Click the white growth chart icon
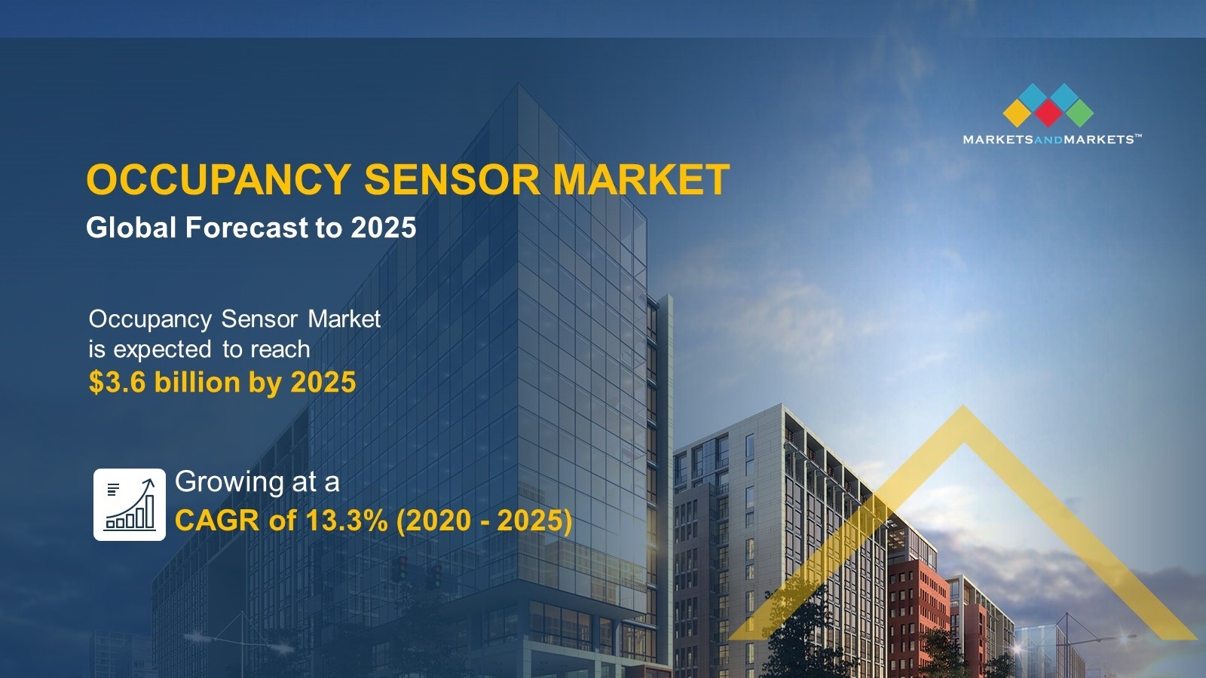point(130,504)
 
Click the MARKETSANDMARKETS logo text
point(1051,139)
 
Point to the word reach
point(280,350)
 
